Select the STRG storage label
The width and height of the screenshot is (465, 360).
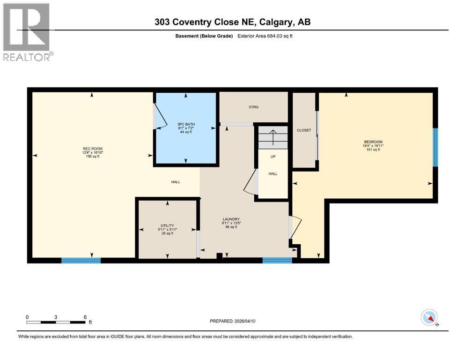253,107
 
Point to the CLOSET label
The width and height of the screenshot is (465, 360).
304,130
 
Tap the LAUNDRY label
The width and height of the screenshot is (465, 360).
231,219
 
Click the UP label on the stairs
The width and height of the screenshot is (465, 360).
273,157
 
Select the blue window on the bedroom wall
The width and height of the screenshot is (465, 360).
435,147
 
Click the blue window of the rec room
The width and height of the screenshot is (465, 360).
81,260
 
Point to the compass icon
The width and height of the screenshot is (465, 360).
429,317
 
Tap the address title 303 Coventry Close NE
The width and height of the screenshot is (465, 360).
232,22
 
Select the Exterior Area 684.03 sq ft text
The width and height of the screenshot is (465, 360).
268,36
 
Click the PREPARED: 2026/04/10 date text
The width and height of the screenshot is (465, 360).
232,321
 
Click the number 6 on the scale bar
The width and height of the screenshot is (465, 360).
85,317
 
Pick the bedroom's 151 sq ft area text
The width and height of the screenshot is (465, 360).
373,150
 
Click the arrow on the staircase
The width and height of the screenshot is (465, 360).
273,135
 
